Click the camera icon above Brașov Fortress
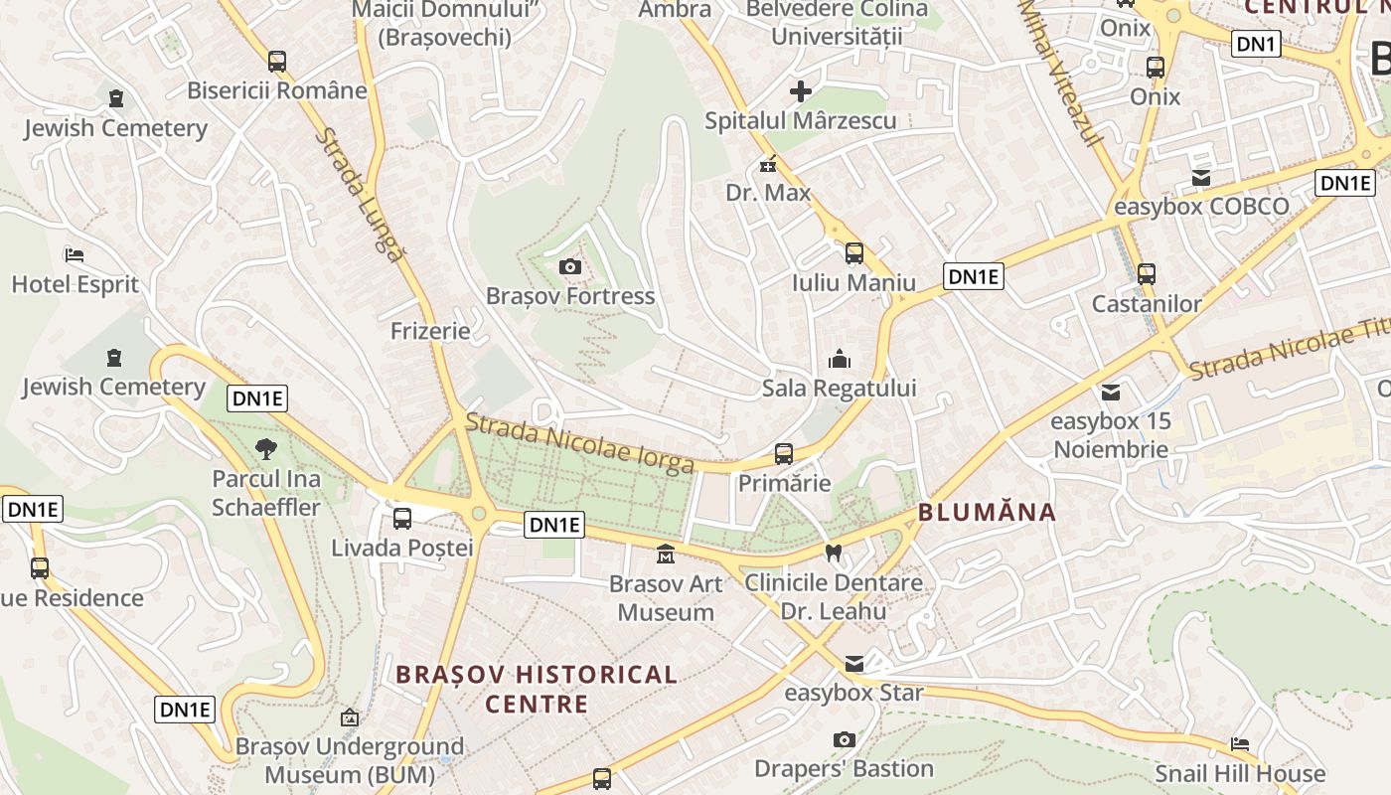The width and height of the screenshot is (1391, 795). tap(569, 266)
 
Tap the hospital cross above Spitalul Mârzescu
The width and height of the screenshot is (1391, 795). tap(801, 92)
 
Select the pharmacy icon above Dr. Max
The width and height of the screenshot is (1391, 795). tap(767, 164)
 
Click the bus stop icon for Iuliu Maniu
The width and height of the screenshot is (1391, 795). tap(854, 253)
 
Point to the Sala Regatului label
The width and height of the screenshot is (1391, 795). tap(840, 388)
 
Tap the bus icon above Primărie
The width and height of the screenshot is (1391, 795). tap(784, 454)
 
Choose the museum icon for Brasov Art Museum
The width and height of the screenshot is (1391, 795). tap(666, 554)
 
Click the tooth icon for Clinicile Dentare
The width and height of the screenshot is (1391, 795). tap(834, 553)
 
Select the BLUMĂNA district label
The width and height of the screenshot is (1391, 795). tap(987, 513)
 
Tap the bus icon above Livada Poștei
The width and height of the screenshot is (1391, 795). tap(402, 518)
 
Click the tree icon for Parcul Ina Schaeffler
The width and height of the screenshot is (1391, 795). tap(265, 449)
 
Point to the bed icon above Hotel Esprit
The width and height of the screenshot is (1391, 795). tap(74, 255)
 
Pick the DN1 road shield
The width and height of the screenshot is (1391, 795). tap(1256, 44)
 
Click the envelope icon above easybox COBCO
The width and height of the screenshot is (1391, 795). tap(1201, 178)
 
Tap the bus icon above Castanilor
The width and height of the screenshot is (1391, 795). tap(1147, 273)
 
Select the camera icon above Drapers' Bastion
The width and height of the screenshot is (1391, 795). tap(845, 739)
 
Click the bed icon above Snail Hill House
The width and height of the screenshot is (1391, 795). tap(1240, 743)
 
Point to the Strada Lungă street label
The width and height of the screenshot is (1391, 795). tap(361, 195)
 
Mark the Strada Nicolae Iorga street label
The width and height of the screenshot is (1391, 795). tap(579, 443)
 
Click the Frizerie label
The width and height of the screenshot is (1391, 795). tap(430, 331)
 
